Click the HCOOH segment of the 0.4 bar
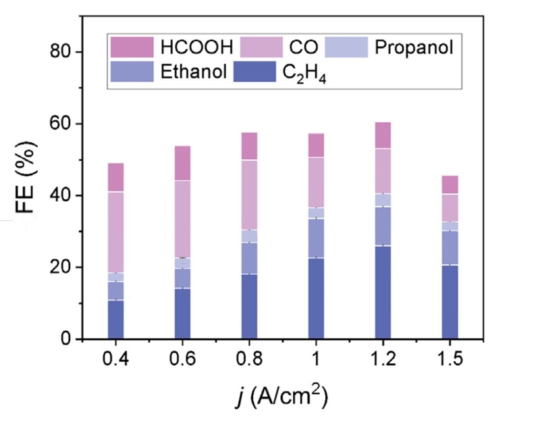115,178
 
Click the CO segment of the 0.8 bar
249,195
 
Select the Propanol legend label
413,47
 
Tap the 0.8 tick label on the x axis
249,360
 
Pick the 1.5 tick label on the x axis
450,360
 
